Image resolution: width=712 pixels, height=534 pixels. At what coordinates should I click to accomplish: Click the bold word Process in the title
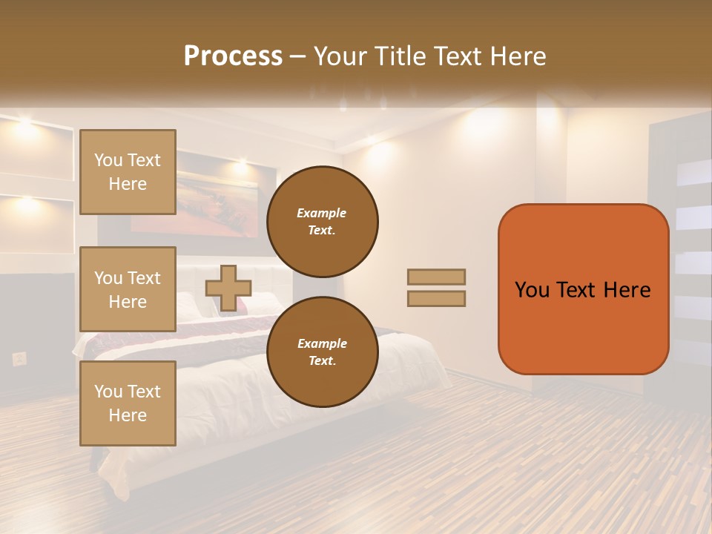233,56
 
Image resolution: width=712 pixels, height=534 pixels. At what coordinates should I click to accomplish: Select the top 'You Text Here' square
128,172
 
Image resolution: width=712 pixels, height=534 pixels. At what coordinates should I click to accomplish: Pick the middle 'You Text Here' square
128,289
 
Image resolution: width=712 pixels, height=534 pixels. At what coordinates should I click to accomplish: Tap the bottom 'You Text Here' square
128,403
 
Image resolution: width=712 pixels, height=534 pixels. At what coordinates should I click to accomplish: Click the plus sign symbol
228,288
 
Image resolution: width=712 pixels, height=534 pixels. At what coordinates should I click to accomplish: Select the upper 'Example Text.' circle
322,221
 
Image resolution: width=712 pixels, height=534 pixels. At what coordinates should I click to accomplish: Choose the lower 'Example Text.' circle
322,352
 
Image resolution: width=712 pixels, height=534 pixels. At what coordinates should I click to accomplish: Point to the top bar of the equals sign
436,277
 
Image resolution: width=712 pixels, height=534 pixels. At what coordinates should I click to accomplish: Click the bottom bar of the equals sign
436,298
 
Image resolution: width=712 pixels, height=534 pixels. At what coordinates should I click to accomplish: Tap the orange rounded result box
583,289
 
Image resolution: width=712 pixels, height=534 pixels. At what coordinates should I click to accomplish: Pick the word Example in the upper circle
322,213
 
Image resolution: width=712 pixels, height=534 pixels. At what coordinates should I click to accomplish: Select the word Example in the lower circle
322,343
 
